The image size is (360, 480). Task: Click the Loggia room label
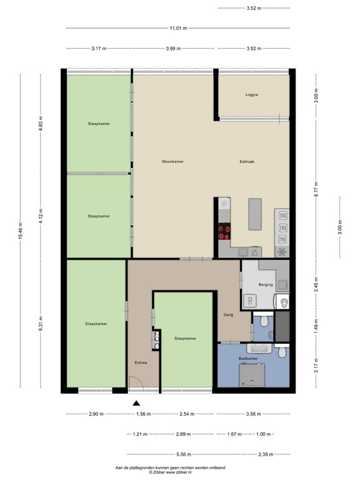coord(251,95)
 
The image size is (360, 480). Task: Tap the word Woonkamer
coord(172,161)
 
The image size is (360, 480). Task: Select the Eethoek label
coord(246,161)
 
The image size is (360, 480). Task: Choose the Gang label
coord(228,315)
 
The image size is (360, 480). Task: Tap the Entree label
coord(141,362)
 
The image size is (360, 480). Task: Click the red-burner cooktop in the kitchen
coord(224,232)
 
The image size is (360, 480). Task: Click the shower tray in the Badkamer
coord(252,375)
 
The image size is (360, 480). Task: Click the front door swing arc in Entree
coord(134,382)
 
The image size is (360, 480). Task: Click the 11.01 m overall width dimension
coord(179,27)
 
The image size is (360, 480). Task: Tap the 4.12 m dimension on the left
coord(41,216)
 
